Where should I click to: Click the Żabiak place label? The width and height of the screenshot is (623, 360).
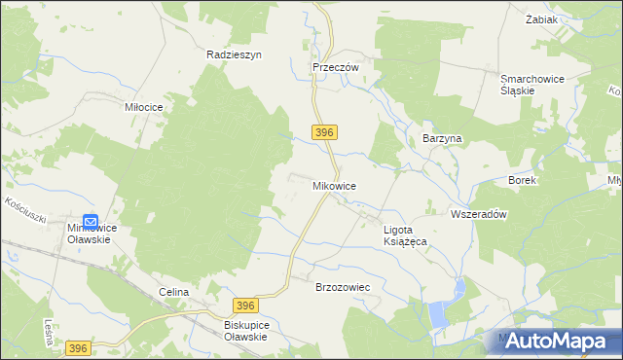[568, 18]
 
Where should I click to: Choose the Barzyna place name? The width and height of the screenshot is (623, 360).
[441, 139]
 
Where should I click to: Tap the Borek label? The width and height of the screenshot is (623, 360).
[523, 181]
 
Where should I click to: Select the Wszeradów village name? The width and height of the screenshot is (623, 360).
[480, 215]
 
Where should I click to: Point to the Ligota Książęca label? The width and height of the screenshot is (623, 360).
[408, 234]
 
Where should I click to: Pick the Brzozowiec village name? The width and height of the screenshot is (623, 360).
[343, 288]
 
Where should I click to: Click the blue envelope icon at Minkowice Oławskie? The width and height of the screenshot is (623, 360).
[91, 222]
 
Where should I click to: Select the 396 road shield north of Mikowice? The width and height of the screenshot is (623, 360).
[325, 132]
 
